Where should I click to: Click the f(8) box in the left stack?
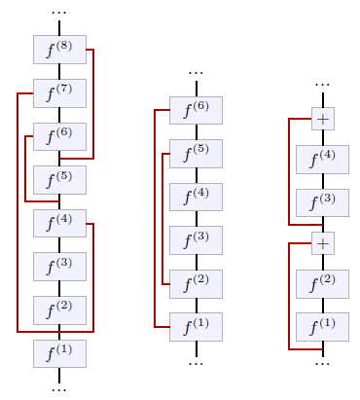click(x=59, y=49)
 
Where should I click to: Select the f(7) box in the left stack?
click(x=59, y=93)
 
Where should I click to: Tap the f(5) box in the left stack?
click(x=59, y=180)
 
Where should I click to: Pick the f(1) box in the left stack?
click(x=59, y=353)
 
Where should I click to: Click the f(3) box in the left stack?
click(x=59, y=266)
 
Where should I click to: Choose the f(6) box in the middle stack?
click(x=196, y=110)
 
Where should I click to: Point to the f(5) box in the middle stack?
click(x=196, y=154)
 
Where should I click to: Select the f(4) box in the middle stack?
click(x=196, y=197)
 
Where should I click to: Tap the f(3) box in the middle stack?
click(x=196, y=240)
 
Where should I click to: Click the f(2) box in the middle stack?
click(x=196, y=283)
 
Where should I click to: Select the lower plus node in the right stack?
click(x=322, y=243)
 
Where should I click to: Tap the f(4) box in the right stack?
click(x=322, y=160)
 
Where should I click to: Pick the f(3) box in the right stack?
click(x=322, y=202)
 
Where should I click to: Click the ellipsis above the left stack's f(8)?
click(x=59, y=13)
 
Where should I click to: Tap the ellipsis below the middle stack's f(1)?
click(x=196, y=363)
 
